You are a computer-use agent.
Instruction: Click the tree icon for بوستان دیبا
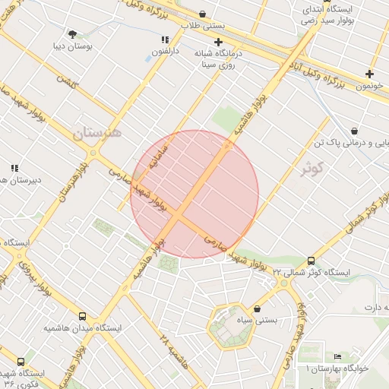coord(73,34)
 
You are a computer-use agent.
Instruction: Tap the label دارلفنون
coord(165,52)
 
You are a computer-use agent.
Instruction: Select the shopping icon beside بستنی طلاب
coord(202,14)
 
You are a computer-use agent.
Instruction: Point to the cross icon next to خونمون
coord(369,74)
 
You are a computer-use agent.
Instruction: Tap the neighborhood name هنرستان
coord(96,134)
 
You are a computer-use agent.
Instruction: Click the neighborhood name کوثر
coord(312,167)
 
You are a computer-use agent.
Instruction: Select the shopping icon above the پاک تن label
coord(354,130)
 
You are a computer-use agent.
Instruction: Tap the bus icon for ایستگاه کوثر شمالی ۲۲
coord(312,261)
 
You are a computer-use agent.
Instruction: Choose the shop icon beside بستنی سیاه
coord(258,309)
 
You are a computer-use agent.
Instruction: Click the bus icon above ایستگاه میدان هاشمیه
coord(82,316)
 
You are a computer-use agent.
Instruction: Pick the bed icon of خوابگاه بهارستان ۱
coord(337,357)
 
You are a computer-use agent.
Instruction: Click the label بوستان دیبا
coord(73,47)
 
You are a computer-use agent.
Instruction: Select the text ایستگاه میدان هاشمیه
coord(73,328)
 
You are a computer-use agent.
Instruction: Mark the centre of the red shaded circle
coord(194,194)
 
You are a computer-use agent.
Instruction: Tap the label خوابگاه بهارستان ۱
coord(337,368)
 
